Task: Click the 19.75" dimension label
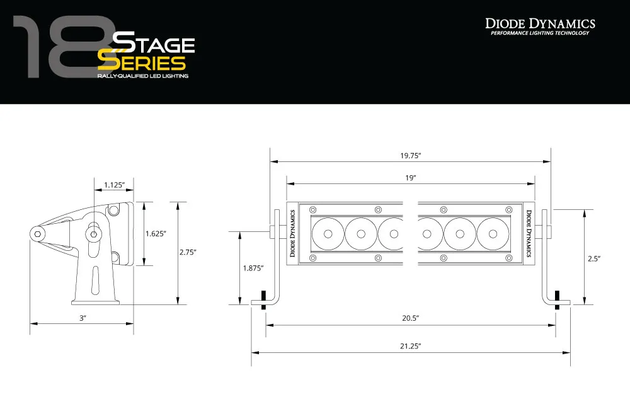(410, 155)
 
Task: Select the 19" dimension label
(410, 178)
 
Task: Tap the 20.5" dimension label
(410, 319)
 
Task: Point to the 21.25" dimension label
(410, 346)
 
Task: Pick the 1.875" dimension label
(253, 268)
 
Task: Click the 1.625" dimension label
(155, 233)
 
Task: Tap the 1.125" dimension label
(114, 185)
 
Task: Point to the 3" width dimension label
(82, 318)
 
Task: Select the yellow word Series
(142, 63)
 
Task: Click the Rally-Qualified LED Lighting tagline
(142, 76)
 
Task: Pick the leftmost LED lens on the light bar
(328, 234)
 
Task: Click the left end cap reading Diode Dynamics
(293, 233)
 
